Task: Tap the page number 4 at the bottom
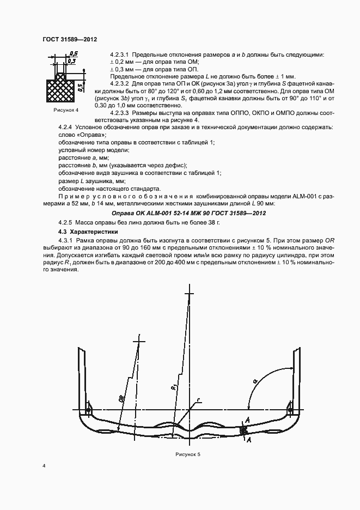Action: click(x=44, y=466)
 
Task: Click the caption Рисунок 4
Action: click(x=66, y=110)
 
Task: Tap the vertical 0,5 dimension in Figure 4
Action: click(x=80, y=87)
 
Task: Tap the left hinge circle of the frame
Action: click(x=89, y=409)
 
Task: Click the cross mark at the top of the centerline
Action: click(x=190, y=294)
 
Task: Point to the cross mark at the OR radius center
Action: click(x=139, y=342)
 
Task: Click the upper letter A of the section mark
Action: click(x=249, y=421)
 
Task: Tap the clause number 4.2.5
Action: click(x=66, y=223)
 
